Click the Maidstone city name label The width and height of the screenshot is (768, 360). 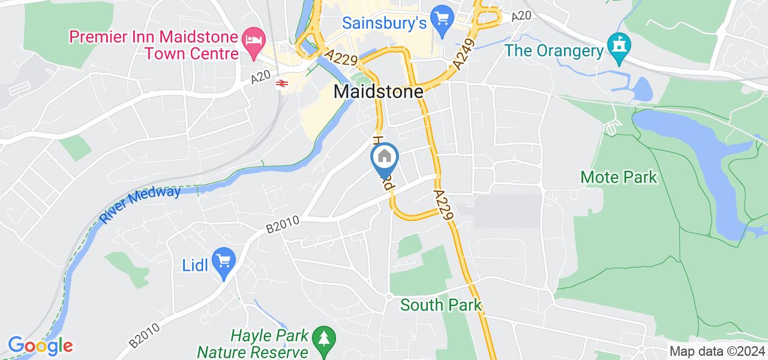pos(378,92)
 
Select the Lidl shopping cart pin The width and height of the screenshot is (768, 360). pos(224,262)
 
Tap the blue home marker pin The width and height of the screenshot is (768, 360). pos(385,158)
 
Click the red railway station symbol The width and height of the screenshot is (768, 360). pos(281,83)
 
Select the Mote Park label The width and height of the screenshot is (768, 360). pos(619,177)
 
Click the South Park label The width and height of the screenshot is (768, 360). pos(441,305)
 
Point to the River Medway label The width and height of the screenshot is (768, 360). pos(141,205)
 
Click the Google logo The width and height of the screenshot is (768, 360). pos(40,346)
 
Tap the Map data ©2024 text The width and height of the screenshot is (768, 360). pos(718,352)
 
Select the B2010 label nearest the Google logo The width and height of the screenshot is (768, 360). pos(144,335)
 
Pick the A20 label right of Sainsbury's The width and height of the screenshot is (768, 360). pos(521,17)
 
